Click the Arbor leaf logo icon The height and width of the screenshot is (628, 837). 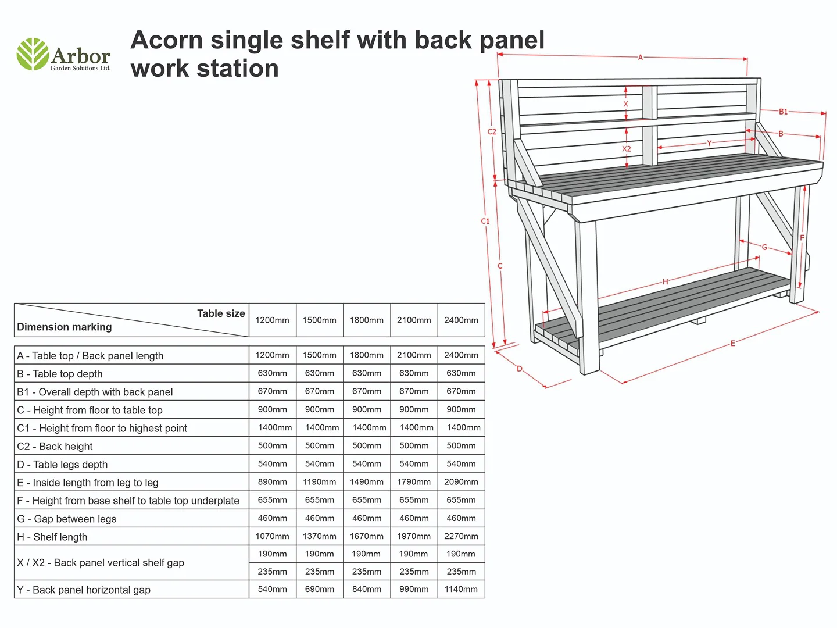click(33, 54)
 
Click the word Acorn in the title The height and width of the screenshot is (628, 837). click(166, 40)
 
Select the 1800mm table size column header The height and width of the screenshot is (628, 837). click(366, 320)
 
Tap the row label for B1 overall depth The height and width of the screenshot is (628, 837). click(95, 392)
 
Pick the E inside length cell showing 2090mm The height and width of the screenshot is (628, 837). click(461, 482)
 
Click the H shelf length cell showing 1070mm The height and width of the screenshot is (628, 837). click(272, 536)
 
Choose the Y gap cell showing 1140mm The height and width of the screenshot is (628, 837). click(461, 589)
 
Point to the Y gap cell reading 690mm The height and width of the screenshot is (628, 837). click(319, 589)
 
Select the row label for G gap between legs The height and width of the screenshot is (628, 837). click(66, 519)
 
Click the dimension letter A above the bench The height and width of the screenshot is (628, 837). click(641, 58)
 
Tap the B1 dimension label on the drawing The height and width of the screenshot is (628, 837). click(783, 112)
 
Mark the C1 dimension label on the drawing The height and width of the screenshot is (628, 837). click(485, 221)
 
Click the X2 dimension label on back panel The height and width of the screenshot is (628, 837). click(626, 149)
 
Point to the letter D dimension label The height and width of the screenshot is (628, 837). click(520, 369)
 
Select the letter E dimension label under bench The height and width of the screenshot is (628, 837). click(732, 343)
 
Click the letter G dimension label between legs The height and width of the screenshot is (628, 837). click(764, 247)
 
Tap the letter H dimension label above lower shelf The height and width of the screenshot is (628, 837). click(665, 281)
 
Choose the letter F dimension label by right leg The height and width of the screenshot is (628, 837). click(802, 238)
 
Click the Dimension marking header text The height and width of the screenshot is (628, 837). click(65, 327)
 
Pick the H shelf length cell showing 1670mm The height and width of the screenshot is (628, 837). click(366, 536)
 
